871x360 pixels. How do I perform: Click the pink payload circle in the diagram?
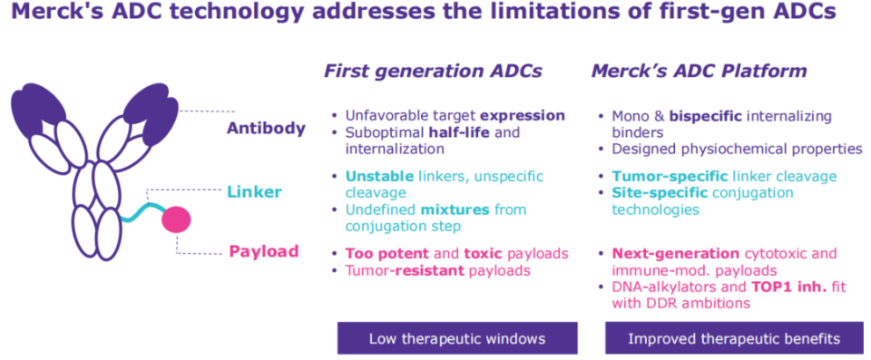pos(176,220)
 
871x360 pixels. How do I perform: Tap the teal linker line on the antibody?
pos(142,213)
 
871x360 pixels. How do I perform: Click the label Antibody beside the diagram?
pos(266,129)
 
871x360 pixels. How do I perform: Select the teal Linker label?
pos(254,193)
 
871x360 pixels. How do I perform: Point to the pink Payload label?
pos(264,251)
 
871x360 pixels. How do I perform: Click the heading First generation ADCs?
pos(434,72)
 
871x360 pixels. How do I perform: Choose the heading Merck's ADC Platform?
pos(699,72)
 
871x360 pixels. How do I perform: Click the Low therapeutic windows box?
pos(457,338)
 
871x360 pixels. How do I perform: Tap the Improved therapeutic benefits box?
pos(734,338)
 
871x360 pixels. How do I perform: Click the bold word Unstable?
pos(379,177)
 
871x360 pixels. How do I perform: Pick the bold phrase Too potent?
pos(387,254)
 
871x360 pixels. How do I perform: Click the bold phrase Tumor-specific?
pos(670,177)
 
